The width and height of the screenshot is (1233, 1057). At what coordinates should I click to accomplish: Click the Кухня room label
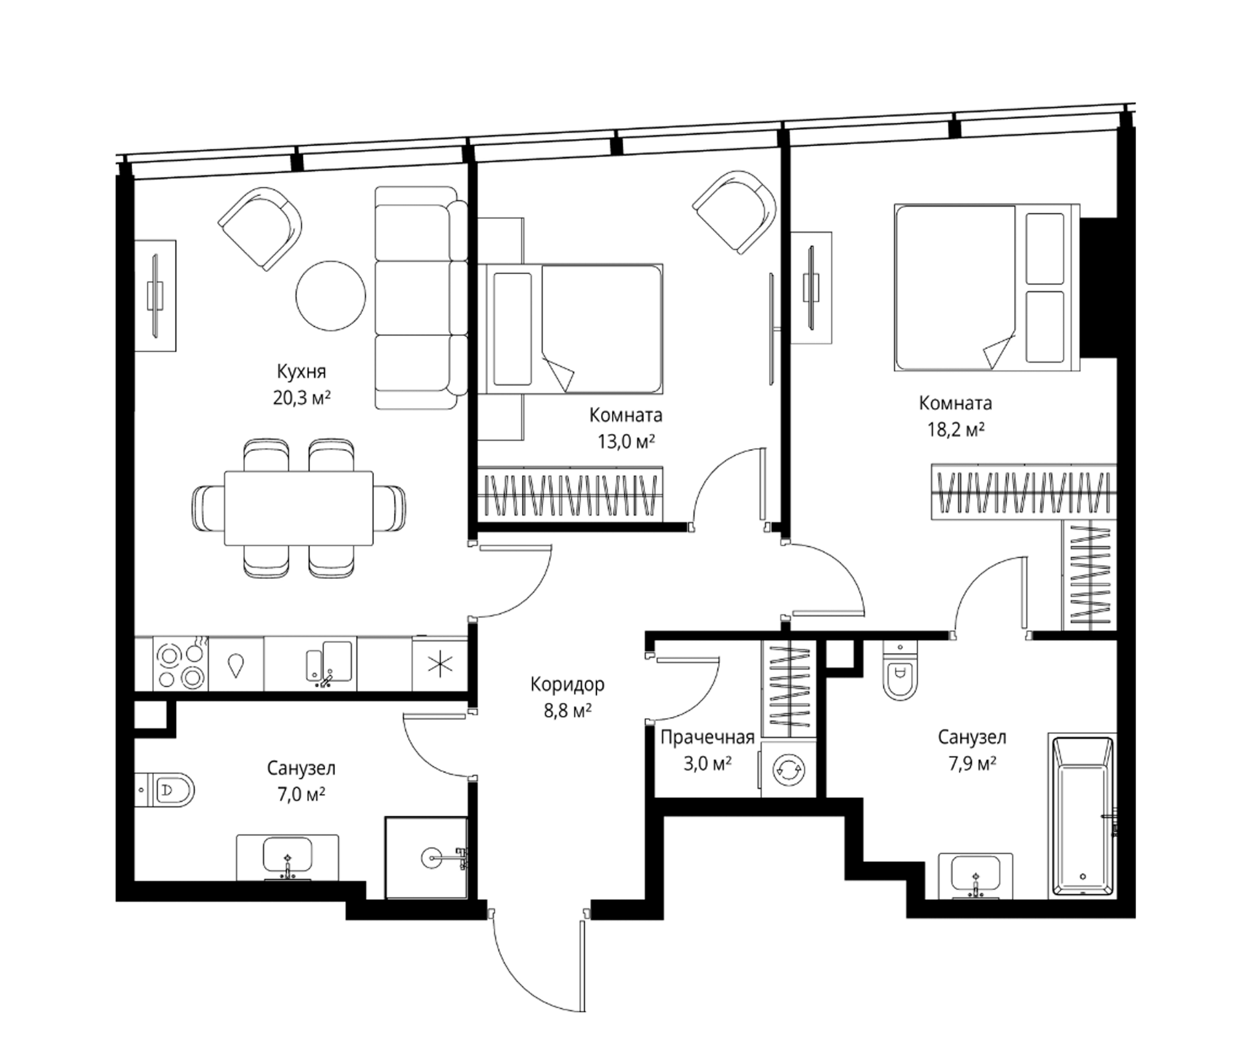[x=301, y=372]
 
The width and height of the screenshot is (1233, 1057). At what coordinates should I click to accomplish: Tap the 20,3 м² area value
[x=302, y=398]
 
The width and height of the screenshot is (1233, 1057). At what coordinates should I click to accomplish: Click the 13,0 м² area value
[x=625, y=441]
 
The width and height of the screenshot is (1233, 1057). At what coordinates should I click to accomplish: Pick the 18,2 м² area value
[x=955, y=429]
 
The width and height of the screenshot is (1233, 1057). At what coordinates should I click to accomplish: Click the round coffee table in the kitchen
[x=331, y=296]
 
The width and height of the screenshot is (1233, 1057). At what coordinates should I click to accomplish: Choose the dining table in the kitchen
[x=298, y=508]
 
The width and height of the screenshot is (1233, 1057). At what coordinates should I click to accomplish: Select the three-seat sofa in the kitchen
[x=421, y=298]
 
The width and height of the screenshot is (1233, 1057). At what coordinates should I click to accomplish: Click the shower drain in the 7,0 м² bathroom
[x=432, y=857]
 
